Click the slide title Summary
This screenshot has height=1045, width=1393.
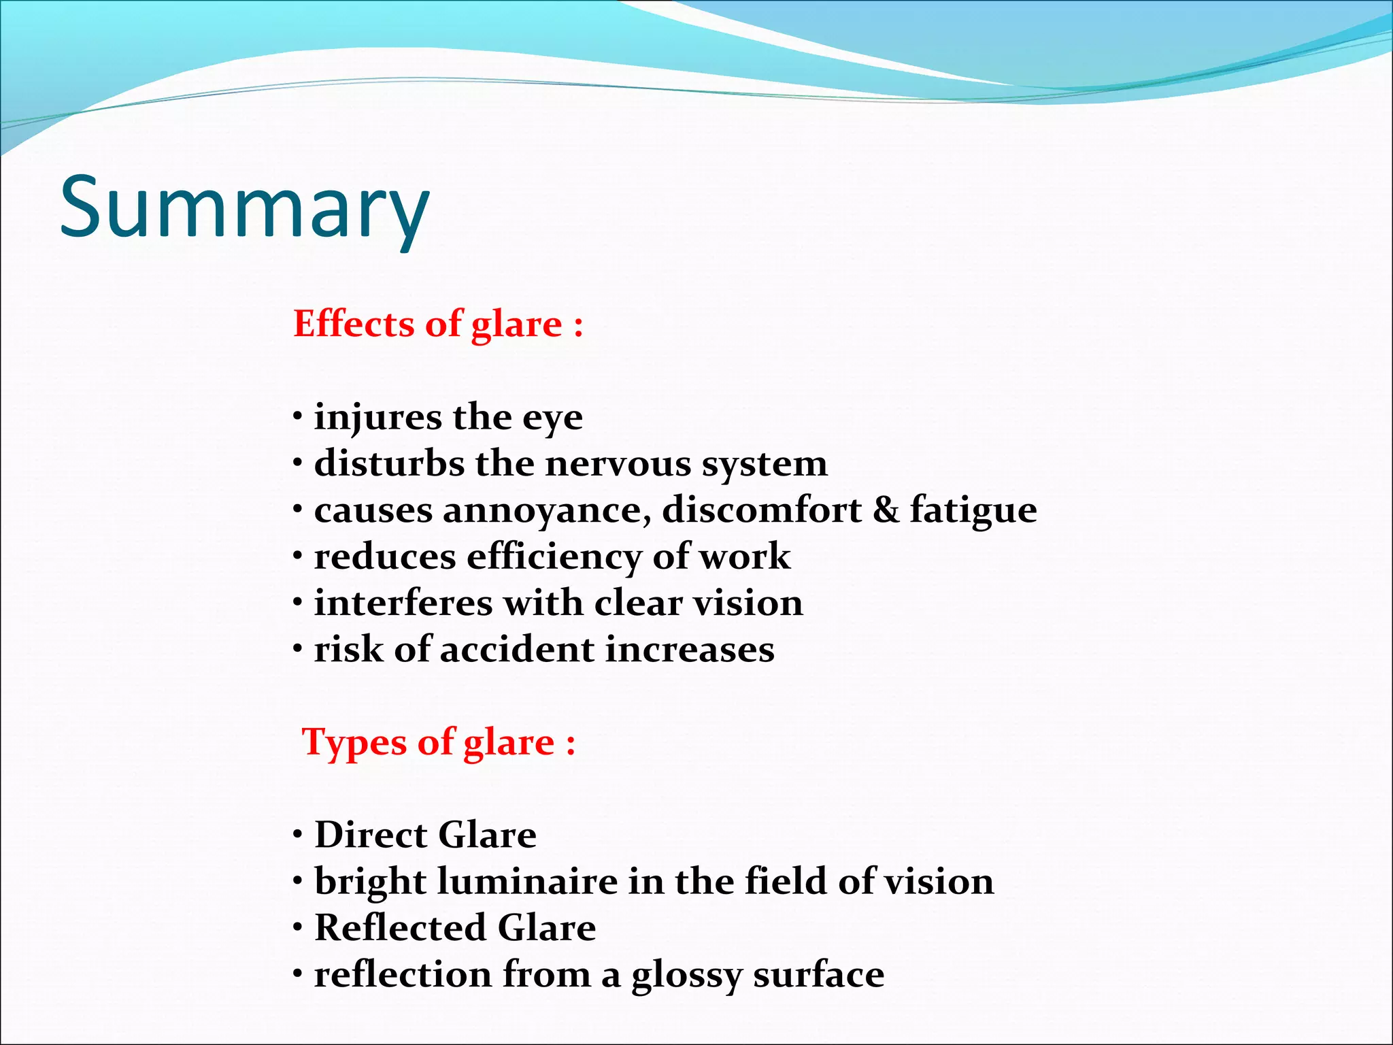[245, 208]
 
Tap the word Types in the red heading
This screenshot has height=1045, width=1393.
[354, 742]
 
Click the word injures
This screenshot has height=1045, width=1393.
[377, 417]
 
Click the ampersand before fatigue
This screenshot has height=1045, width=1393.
[885, 510]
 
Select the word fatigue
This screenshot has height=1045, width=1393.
[973, 512]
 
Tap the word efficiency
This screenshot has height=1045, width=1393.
[554, 557]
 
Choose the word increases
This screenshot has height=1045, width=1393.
[690, 650]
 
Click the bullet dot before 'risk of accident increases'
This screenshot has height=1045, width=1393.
[298, 650]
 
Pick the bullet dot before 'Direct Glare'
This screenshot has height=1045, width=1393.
[298, 835]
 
